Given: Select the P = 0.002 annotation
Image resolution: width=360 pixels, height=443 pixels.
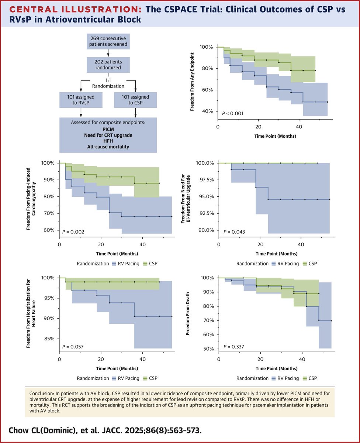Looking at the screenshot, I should pos(73,231).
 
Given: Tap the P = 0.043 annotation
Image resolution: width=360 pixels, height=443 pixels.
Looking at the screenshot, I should pos(232,231).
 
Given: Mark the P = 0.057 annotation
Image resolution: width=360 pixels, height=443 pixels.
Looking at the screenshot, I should pos(73,346).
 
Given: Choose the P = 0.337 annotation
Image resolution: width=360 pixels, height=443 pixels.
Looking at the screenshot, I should pos(232,346).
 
